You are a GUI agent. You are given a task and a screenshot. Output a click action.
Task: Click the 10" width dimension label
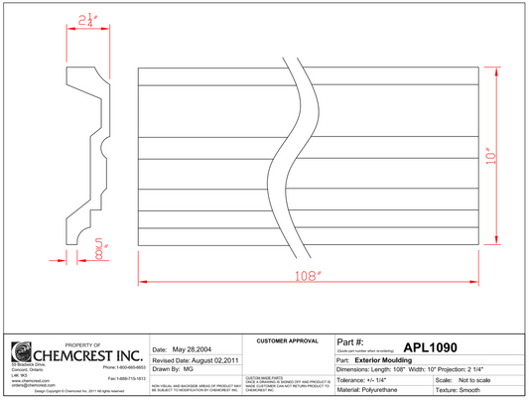coord(490,159)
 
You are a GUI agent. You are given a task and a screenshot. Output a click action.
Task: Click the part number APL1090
coord(430,347)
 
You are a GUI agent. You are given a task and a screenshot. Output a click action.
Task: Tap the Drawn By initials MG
coord(188,369)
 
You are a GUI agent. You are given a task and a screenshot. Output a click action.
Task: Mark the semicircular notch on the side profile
coord(104,151)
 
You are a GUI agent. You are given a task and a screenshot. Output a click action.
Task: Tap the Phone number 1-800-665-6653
coord(124,368)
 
